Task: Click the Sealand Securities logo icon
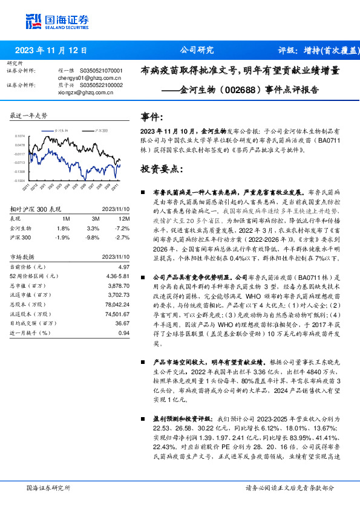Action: (34, 21)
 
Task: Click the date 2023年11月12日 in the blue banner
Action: (50, 51)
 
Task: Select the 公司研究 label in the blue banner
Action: (197, 50)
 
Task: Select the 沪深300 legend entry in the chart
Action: (101, 130)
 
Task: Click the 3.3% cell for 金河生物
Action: (93, 228)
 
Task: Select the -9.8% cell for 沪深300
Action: (92, 238)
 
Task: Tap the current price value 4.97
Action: (123, 267)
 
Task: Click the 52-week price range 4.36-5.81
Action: (118, 276)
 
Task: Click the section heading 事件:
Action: (152, 117)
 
